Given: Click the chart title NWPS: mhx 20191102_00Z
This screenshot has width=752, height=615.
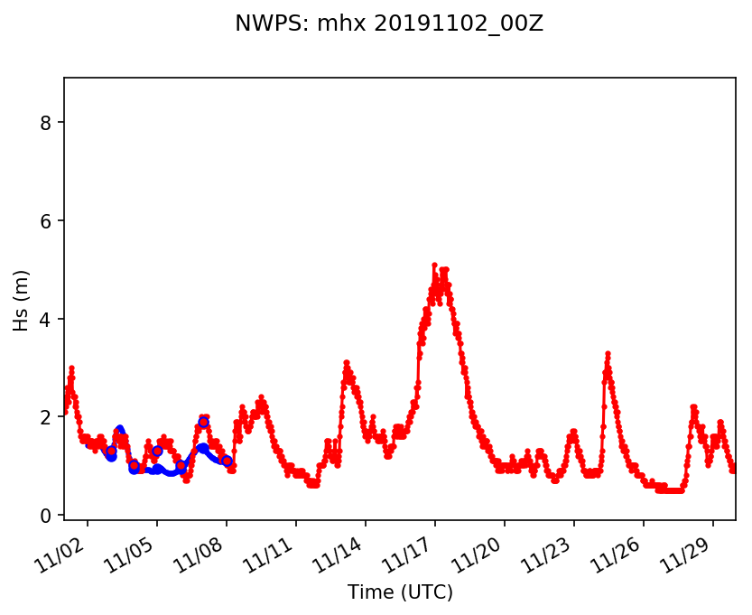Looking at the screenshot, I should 389,24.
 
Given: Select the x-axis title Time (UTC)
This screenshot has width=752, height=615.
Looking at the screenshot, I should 400,592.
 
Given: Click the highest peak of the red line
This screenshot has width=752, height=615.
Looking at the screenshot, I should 434,266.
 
